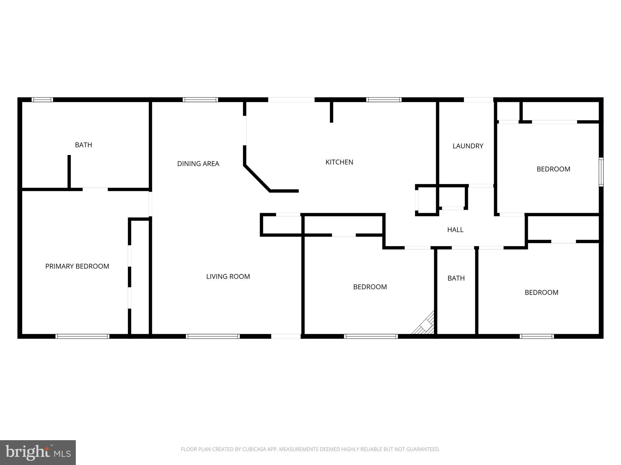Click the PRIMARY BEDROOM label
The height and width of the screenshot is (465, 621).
click(x=77, y=266)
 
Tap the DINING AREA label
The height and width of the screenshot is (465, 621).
click(x=198, y=164)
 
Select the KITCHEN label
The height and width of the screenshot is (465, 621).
click(x=339, y=162)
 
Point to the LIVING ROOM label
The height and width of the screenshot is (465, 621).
click(x=228, y=276)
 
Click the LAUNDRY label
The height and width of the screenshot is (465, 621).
click(x=468, y=146)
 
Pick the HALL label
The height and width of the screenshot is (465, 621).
click(x=455, y=230)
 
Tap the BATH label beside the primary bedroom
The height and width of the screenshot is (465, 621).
click(x=83, y=145)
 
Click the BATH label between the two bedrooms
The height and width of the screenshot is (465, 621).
click(x=456, y=278)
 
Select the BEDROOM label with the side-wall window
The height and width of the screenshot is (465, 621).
click(x=553, y=169)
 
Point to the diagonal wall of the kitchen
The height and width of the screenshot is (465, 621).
click(x=257, y=178)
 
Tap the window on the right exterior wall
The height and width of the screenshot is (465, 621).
click(x=601, y=172)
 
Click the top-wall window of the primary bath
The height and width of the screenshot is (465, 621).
click(x=42, y=100)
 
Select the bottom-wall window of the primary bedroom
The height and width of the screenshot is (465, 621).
click(x=82, y=336)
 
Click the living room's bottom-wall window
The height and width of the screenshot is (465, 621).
click(x=213, y=336)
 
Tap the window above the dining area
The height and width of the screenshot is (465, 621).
click(x=200, y=100)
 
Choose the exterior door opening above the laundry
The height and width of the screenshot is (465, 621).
click(x=478, y=100)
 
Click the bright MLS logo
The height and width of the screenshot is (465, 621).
click(x=38, y=452)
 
